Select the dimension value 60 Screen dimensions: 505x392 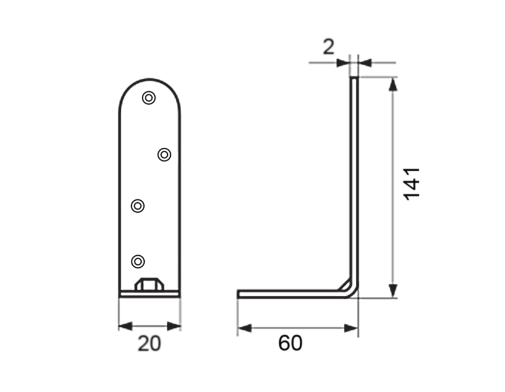[x=290, y=343]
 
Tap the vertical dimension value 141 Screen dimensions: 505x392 [x=411, y=184]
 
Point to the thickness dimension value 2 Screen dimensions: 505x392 [x=329, y=47]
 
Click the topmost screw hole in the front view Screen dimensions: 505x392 [x=149, y=98]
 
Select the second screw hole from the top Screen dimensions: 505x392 [x=164, y=155]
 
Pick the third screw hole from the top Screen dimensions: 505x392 [x=138, y=206]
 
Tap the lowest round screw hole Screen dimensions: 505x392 [x=138, y=261]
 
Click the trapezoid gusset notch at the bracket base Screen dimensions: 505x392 [x=150, y=284]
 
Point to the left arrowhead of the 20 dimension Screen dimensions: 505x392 [x=125, y=326]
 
